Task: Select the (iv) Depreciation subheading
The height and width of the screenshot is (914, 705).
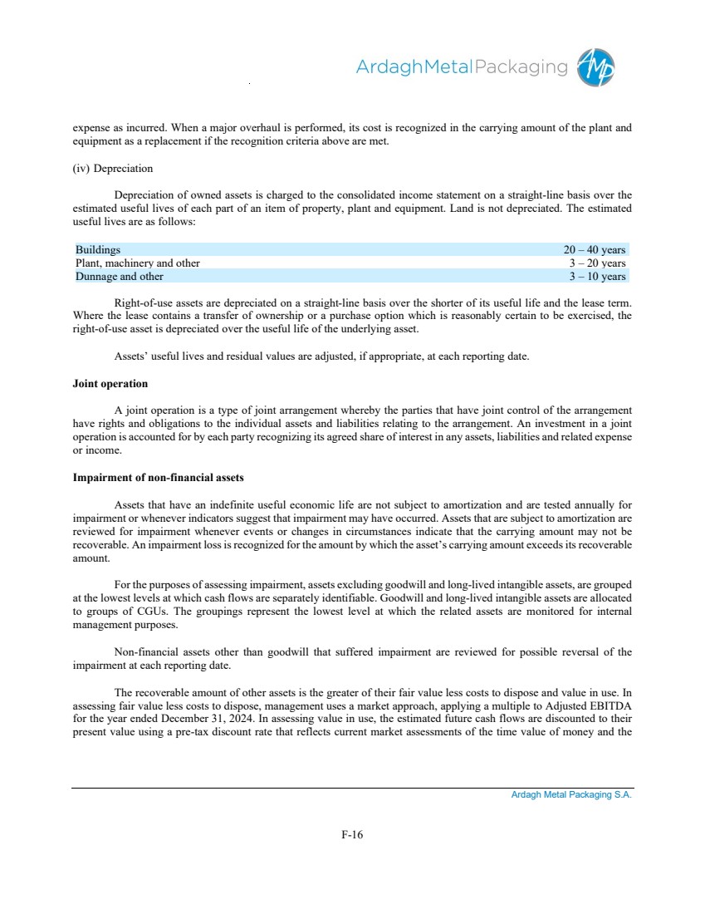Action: click(112, 169)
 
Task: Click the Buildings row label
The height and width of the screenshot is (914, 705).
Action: click(98, 249)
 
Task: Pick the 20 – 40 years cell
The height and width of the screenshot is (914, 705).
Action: click(595, 249)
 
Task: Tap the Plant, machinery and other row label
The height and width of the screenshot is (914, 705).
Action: click(138, 263)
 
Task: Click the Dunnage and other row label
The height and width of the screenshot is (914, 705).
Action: click(120, 276)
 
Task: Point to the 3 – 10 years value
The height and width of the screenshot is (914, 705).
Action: click(597, 276)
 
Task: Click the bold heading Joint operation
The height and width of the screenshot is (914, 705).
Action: click(110, 384)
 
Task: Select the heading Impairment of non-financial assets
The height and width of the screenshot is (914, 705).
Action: click(159, 478)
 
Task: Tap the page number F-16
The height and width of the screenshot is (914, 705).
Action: click(352, 835)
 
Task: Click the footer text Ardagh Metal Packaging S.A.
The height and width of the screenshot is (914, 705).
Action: click(571, 795)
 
